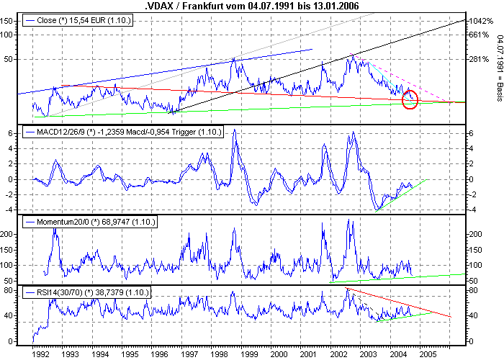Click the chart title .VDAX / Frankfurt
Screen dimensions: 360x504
251,6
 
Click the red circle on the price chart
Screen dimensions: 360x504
410,99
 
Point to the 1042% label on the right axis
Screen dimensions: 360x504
479,22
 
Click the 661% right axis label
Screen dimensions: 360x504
479,35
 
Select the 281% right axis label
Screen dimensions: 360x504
479,60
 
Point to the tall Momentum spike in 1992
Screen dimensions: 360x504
55,230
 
